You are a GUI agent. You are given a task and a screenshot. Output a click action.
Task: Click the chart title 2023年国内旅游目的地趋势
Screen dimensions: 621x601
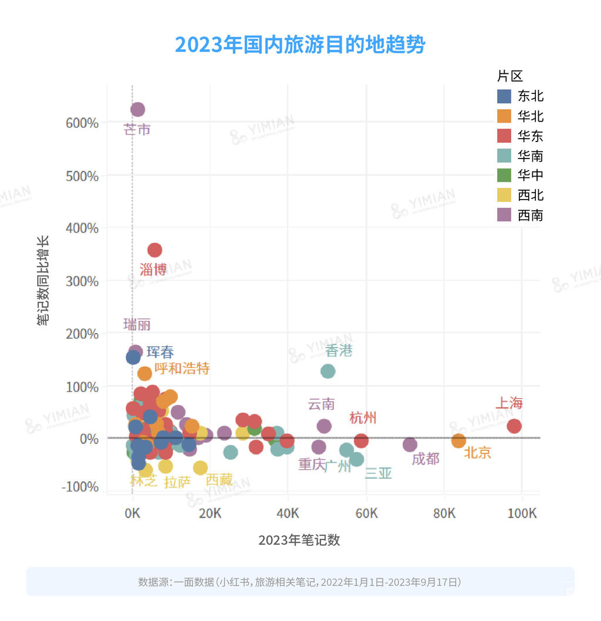(300, 45)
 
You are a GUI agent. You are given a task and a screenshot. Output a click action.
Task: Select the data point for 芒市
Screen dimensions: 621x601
(138, 110)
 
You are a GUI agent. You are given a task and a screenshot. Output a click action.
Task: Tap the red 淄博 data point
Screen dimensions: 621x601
(154, 250)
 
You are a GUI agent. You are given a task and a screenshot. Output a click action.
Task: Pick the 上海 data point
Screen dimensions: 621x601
(514, 426)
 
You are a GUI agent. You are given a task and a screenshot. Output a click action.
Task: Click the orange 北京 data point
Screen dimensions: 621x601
(458, 440)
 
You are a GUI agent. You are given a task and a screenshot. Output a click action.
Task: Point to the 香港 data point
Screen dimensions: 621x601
(327, 371)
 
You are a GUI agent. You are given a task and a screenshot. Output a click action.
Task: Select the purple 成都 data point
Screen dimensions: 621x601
(410, 444)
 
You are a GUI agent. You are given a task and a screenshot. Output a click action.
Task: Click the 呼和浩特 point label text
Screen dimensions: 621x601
(182, 369)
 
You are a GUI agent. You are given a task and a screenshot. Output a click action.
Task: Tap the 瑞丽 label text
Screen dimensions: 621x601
(137, 325)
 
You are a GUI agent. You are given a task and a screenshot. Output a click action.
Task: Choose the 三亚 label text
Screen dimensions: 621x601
(378, 473)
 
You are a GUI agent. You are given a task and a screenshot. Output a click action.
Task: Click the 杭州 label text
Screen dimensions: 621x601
(363, 418)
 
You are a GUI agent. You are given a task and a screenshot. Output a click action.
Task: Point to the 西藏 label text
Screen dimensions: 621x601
(219, 479)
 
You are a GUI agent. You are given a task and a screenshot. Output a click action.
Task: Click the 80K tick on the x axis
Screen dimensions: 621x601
(444, 513)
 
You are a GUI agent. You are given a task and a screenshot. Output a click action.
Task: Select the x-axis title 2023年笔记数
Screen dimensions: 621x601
(299, 540)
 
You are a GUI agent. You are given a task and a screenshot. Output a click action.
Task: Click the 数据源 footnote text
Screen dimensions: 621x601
(300, 582)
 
